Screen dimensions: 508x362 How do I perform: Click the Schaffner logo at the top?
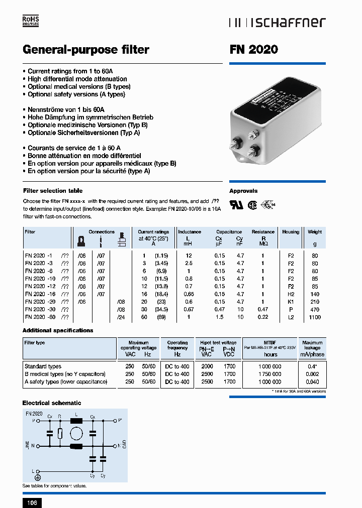pyautogui.click(x=277, y=22)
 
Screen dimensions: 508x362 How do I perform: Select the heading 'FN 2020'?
pyautogui.click(x=253, y=50)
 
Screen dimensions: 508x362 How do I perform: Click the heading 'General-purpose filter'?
pyautogui.click(x=86, y=50)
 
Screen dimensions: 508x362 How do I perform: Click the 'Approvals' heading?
pyautogui.click(x=243, y=191)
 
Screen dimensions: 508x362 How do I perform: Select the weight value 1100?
pyautogui.click(x=315, y=317)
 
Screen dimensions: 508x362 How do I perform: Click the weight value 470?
pyautogui.click(x=315, y=310)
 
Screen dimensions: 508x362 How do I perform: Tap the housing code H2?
pyautogui.click(x=291, y=294)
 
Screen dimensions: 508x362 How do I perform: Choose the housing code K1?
pyautogui.click(x=291, y=302)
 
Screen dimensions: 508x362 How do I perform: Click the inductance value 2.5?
pyautogui.click(x=189, y=263)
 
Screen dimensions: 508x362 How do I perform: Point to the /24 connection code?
pyautogui.click(x=121, y=317)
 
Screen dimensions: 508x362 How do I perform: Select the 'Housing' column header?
pyautogui.click(x=291, y=232)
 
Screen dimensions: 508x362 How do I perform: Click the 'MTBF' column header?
pyautogui.click(x=270, y=342)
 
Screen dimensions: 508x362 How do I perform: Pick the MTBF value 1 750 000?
pyautogui.click(x=270, y=374)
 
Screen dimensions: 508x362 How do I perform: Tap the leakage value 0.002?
pyautogui.click(x=313, y=374)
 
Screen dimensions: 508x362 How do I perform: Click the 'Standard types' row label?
pyautogui.click(x=43, y=366)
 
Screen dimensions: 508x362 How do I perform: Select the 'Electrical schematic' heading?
pyautogui.click(x=52, y=403)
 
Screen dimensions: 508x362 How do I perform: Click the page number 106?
pyautogui.click(x=31, y=502)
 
